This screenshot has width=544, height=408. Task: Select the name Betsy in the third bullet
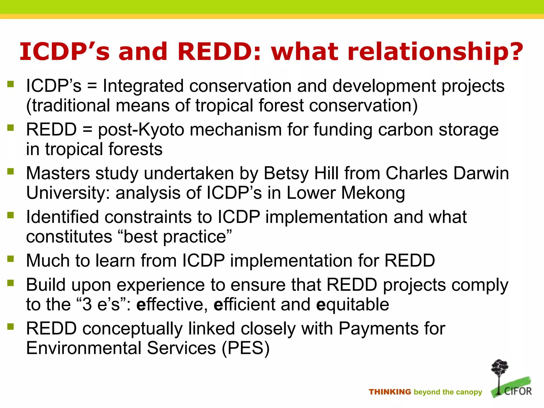tap(286, 173)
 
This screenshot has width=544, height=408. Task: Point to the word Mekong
tap(373, 193)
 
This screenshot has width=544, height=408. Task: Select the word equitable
tap(353, 304)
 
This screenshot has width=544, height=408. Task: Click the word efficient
tap(244, 304)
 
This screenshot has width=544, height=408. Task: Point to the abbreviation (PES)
tap(246, 348)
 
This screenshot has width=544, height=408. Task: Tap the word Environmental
tap(84, 348)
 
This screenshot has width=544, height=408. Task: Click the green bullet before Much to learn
tap(11, 258)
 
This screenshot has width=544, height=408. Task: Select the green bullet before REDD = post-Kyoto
tap(11, 128)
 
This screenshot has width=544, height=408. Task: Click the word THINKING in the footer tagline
tap(390, 392)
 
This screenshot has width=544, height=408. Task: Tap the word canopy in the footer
tap(469, 392)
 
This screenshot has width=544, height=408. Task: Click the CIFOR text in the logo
tap(518, 391)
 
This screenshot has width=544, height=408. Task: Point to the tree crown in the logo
tap(500, 367)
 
